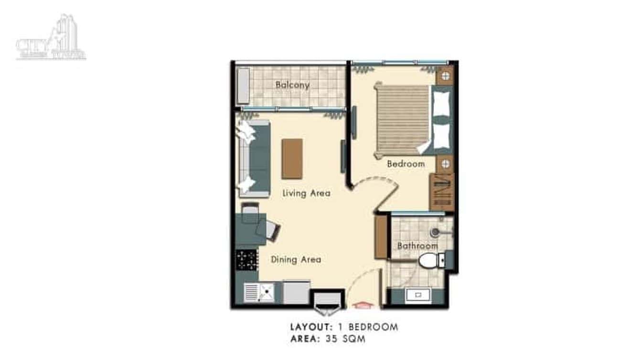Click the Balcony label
tap(292, 85)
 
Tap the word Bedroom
tap(406, 164)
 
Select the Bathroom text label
tap(417, 246)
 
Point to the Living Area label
tap(306, 193)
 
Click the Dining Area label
tap(296, 260)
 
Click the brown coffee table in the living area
tap(292, 159)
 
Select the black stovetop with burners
tap(247, 260)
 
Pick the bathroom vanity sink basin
tap(417, 295)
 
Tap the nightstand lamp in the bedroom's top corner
tap(445, 76)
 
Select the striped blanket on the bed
tap(402, 117)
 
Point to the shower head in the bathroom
tap(435, 233)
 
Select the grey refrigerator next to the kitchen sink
tap(296, 292)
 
